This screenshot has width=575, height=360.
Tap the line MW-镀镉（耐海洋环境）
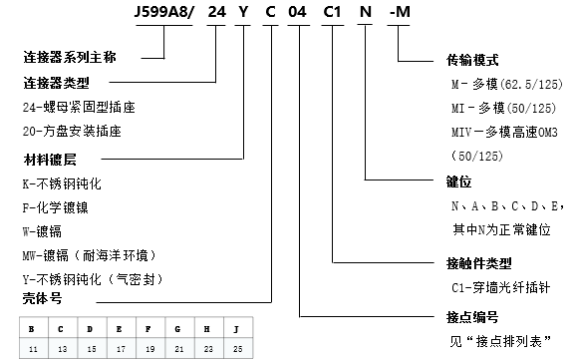(92, 254)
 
